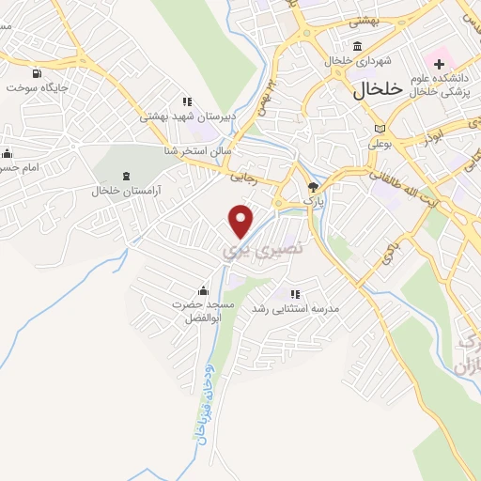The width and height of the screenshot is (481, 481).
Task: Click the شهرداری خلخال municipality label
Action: [356, 61]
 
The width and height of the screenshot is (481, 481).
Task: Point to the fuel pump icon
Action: [37, 73]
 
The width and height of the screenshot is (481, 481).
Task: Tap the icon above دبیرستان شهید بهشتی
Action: [187, 101]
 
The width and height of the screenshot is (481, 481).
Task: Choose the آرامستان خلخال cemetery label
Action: [127, 191]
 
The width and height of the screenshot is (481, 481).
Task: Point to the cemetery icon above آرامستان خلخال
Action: [127, 176]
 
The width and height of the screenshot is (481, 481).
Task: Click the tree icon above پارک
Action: [313, 186]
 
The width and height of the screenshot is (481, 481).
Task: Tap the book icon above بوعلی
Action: [380, 129]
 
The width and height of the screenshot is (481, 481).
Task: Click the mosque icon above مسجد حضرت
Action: [203, 291]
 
